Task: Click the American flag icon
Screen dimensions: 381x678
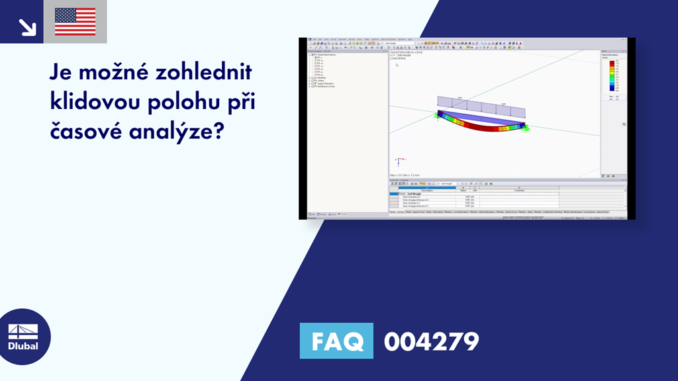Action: (x=75, y=22)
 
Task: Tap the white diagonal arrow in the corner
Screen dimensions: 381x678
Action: (x=27, y=26)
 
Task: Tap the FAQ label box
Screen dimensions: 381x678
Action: (x=336, y=341)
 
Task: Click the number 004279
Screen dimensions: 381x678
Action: (x=431, y=342)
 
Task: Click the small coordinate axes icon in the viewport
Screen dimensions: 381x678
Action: (x=399, y=161)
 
